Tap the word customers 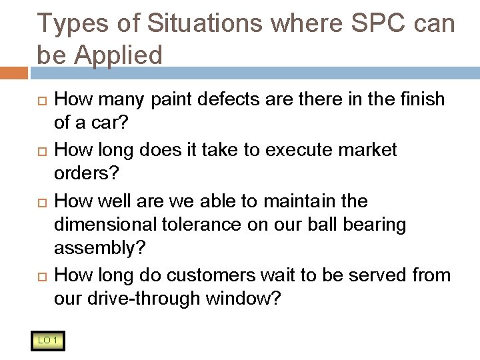pyautogui.click(x=209, y=275)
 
